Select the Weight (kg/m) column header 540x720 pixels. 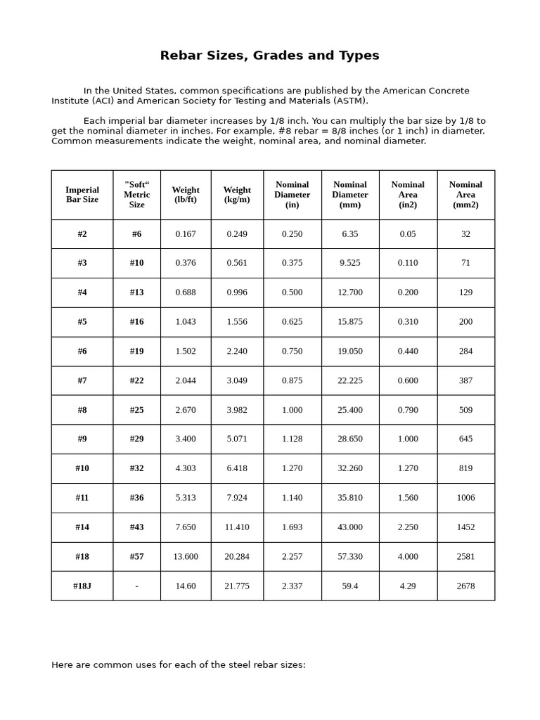tap(237, 195)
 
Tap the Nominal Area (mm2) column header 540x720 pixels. tap(465, 195)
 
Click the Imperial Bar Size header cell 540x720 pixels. tap(82, 195)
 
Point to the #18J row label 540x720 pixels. tap(82, 586)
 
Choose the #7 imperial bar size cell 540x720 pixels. tap(82, 380)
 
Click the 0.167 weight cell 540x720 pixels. tap(186, 234)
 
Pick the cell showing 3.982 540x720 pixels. tap(237, 410)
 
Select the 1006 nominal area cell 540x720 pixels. tap(465, 498)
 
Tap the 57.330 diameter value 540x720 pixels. tap(350, 556)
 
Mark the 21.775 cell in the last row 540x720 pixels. tap(237, 586)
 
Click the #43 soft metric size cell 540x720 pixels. tap(136, 527)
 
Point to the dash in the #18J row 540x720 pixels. tap(136, 586)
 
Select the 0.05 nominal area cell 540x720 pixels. tap(408, 234)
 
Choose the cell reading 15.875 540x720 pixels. tap(350, 322)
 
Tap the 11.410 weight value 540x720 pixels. tap(237, 527)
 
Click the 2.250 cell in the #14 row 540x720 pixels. tap(408, 527)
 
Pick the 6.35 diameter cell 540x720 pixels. tap(350, 234)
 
